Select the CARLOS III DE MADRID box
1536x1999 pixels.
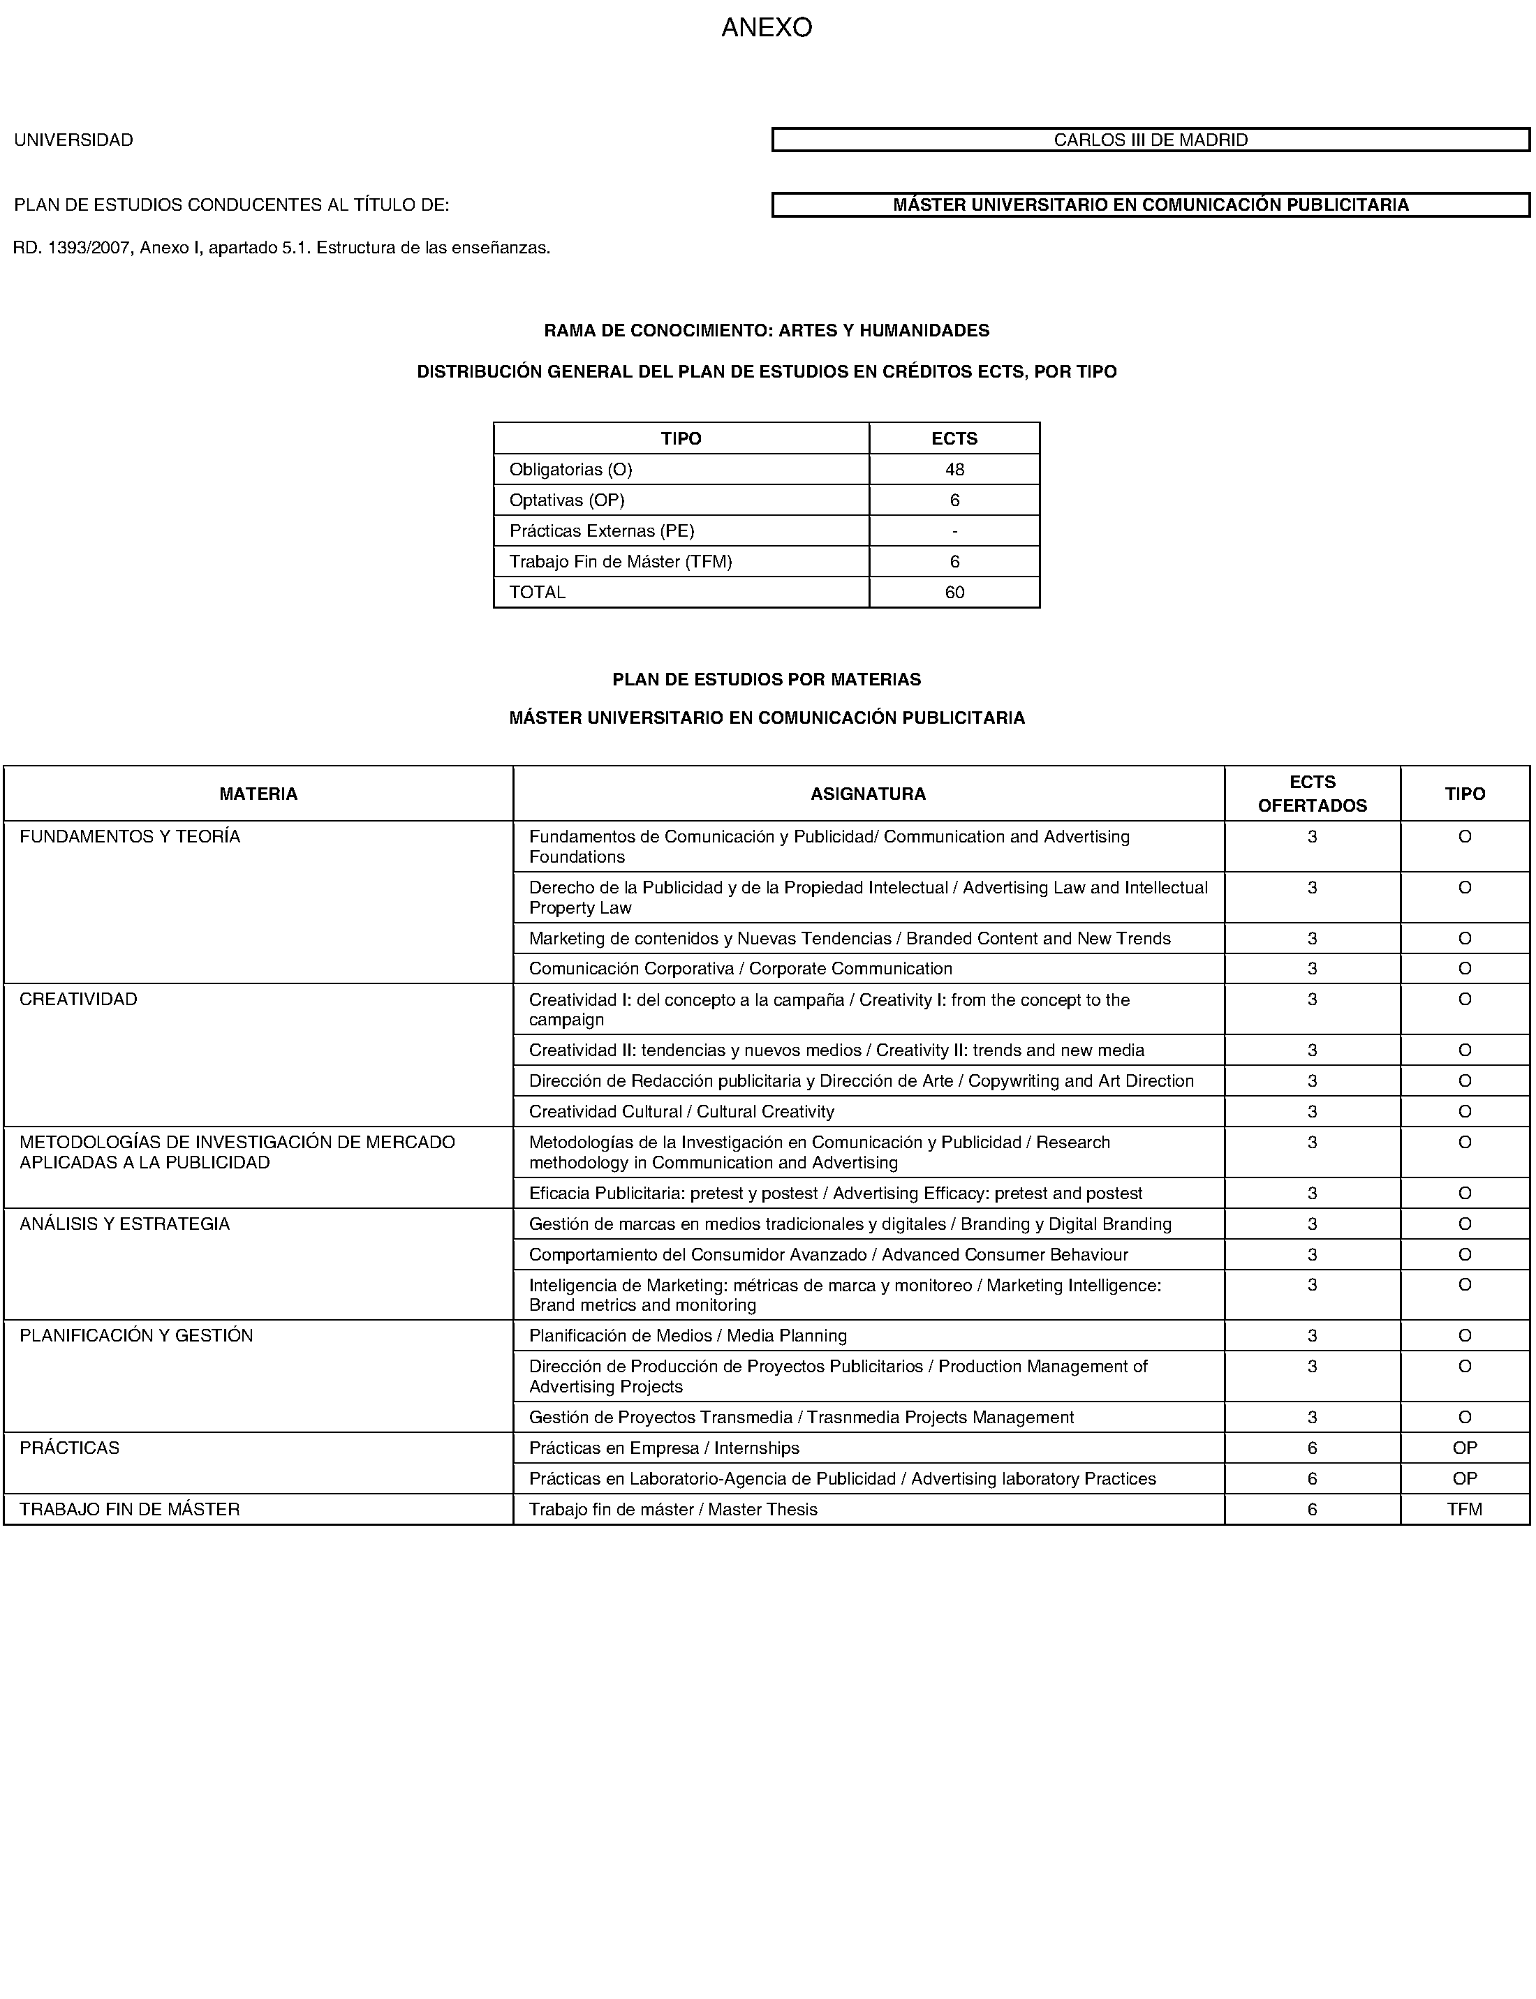click(x=1150, y=140)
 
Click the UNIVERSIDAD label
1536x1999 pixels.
click(x=73, y=140)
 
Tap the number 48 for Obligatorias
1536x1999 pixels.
click(x=954, y=470)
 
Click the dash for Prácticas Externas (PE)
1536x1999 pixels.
click(x=954, y=531)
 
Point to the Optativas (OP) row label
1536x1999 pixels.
click(x=567, y=500)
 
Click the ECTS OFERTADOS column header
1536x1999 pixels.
click(x=1312, y=794)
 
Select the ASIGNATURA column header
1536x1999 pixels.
click(x=868, y=794)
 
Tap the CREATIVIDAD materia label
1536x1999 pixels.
click(x=79, y=999)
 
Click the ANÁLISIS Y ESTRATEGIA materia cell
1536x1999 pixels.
click(x=125, y=1224)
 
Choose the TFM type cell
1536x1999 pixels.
click(x=1464, y=1509)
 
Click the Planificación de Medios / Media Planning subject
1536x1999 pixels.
click(x=688, y=1335)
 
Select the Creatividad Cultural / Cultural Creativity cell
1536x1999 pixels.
click(x=681, y=1111)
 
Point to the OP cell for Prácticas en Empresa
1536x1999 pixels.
click(x=1464, y=1448)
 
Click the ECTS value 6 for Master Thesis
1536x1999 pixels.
click(x=1312, y=1509)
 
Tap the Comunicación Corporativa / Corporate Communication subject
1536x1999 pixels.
click(x=741, y=968)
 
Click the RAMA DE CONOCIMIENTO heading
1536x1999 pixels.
click(x=766, y=330)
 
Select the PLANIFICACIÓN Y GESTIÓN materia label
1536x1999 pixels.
click(x=136, y=1335)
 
